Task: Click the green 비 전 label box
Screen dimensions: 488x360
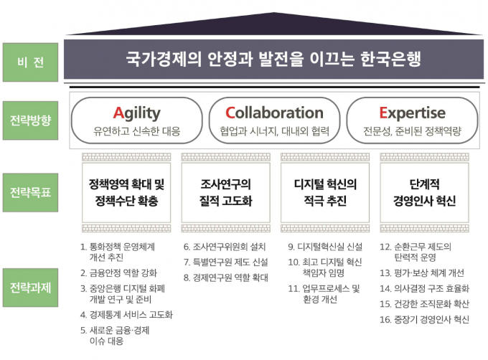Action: coord(30,62)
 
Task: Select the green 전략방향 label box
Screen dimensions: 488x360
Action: coord(30,120)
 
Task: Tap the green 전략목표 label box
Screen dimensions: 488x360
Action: coord(30,192)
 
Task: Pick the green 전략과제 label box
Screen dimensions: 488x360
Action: coord(30,288)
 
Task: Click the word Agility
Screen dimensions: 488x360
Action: coord(136,113)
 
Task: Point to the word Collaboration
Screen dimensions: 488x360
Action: coord(274,113)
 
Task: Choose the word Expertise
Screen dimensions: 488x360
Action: coord(412,113)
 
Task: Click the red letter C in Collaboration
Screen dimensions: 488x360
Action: coord(230,113)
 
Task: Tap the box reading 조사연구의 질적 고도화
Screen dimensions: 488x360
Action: coord(225,192)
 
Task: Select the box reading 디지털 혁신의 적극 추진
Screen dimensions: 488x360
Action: coord(325,192)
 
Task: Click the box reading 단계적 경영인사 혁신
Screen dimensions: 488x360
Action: coord(424,192)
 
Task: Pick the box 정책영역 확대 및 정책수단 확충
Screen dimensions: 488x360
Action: coord(126,192)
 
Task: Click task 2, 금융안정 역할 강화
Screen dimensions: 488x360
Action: coord(118,273)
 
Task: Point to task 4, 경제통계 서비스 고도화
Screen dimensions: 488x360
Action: coord(126,315)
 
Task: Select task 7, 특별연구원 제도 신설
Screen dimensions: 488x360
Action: coord(225,262)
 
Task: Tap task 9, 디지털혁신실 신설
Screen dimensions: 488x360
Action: coord(325,247)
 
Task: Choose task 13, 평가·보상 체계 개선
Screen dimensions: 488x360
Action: coord(422,273)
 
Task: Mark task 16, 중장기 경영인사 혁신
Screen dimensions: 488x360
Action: coord(424,319)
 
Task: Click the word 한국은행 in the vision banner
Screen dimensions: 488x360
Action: coord(390,59)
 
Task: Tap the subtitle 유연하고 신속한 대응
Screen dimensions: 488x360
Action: coord(137,131)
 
